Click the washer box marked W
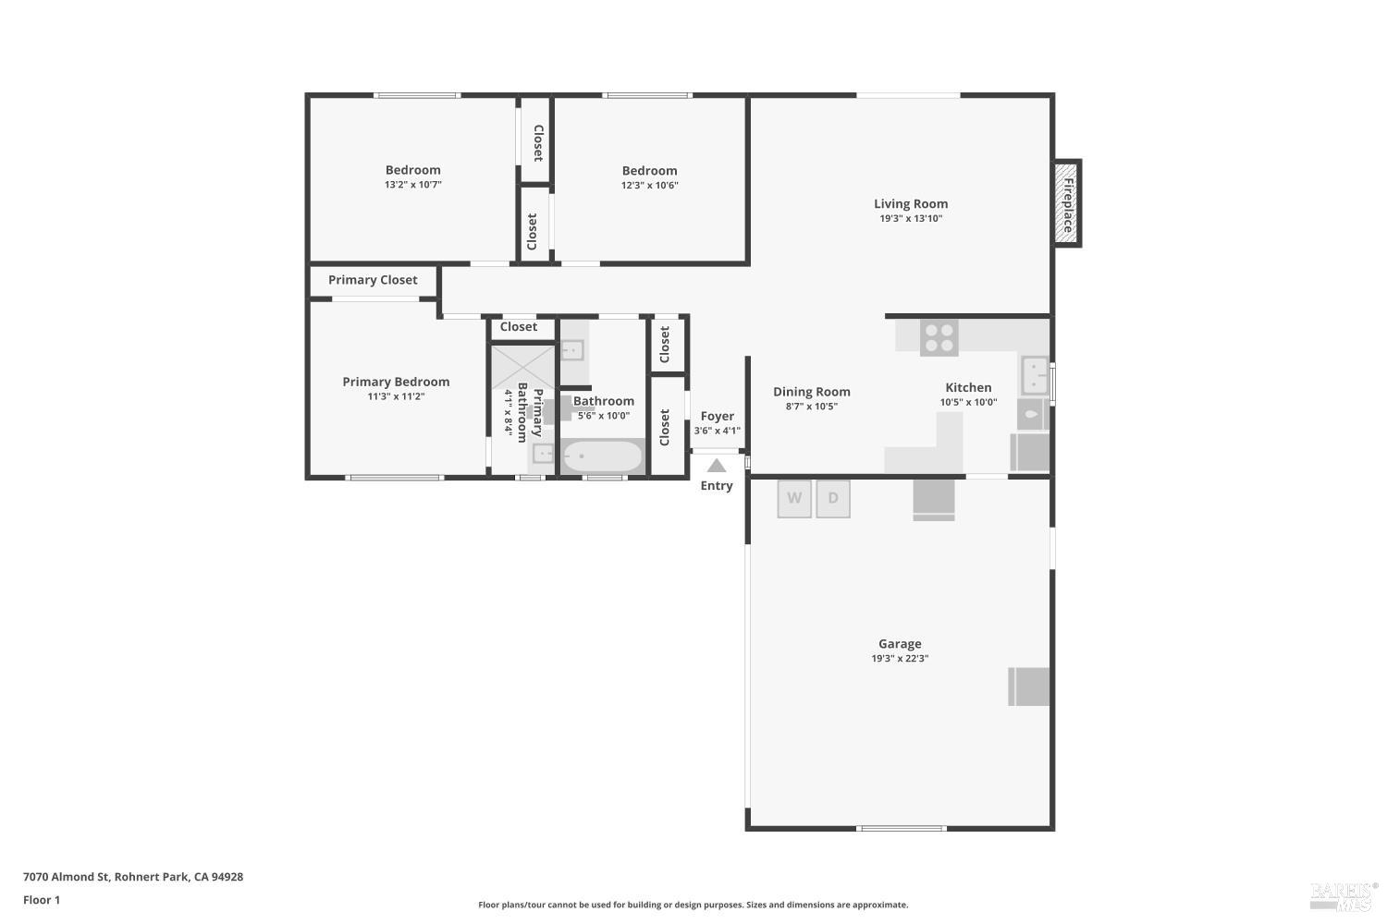click(x=794, y=499)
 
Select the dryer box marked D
click(x=833, y=499)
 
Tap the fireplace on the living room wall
click(x=1067, y=203)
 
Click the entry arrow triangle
click(x=717, y=466)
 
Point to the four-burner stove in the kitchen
click(x=939, y=337)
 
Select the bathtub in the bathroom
click(x=602, y=456)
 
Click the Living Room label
click(x=911, y=204)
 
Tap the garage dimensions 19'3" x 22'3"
click(x=900, y=659)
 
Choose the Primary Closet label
click(x=373, y=280)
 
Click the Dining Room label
click(x=811, y=392)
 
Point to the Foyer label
click(x=718, y=417)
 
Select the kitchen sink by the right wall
click(x=1034, y=376)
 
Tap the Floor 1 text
click(x=42, y=900)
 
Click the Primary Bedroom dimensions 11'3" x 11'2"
click(x=396, y=396)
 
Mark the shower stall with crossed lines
click(x=522, y=366)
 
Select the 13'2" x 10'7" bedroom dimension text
click(x=413, y=185)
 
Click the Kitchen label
click(x=968, y=388)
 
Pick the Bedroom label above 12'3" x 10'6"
click(x=649, y=171)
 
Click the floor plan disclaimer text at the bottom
click(x=693, y=906)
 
